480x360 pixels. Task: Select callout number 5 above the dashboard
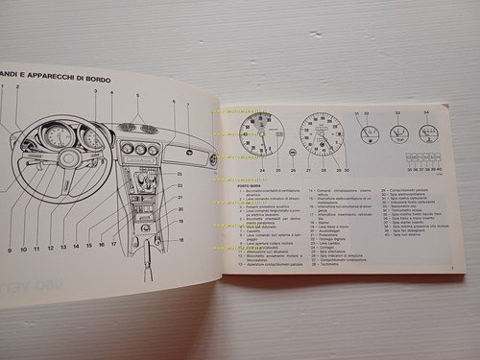(138, 98)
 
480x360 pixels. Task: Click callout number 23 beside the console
(180, 180)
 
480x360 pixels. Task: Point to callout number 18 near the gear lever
(180, 239)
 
